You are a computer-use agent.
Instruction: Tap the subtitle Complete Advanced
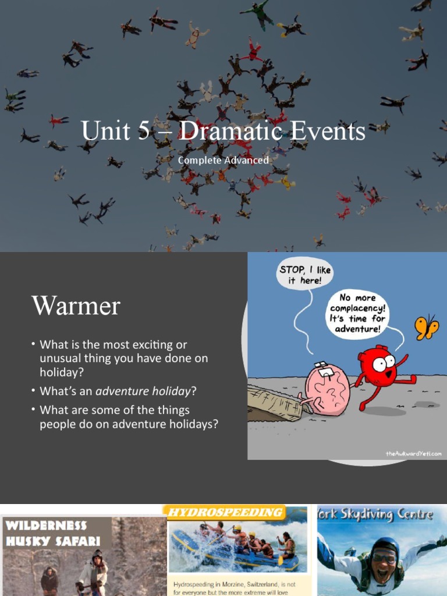(x=223, y=160)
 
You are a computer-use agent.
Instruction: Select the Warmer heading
(x=76, y=306)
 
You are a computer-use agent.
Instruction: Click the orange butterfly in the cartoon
(x=427, y=328)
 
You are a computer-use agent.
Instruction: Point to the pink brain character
(x=327, y=389)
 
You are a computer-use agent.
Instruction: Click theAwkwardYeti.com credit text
(x=413, y=453)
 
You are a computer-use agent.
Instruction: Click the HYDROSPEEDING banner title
(x=226, y=513)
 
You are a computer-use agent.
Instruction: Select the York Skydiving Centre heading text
(x=375, y=515)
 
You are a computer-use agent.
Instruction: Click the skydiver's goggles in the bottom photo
(x=385, y=558)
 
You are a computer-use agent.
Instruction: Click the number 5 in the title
(x=143, y=131)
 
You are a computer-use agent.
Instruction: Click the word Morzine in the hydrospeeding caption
(x=239, y=583)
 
